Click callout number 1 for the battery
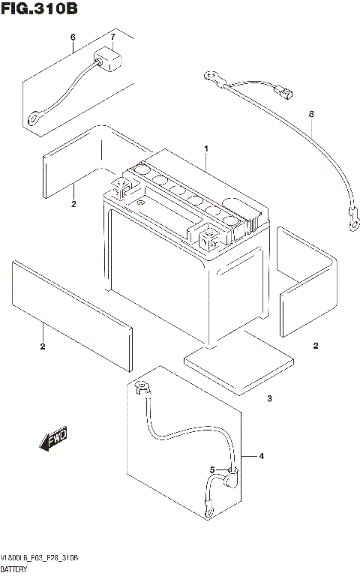(205, 148)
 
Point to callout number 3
(269, 398)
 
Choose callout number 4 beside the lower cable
(262, 456)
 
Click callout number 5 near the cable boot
(212, 470)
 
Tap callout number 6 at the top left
(73, 37)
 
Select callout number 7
(112, 37)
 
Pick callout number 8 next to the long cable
(310, 113)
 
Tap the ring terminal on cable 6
(34, 118)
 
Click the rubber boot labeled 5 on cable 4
(234, 475)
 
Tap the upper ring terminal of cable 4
(139, 387)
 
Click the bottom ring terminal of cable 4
(208, 512)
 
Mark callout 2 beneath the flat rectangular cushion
(43, 346)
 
